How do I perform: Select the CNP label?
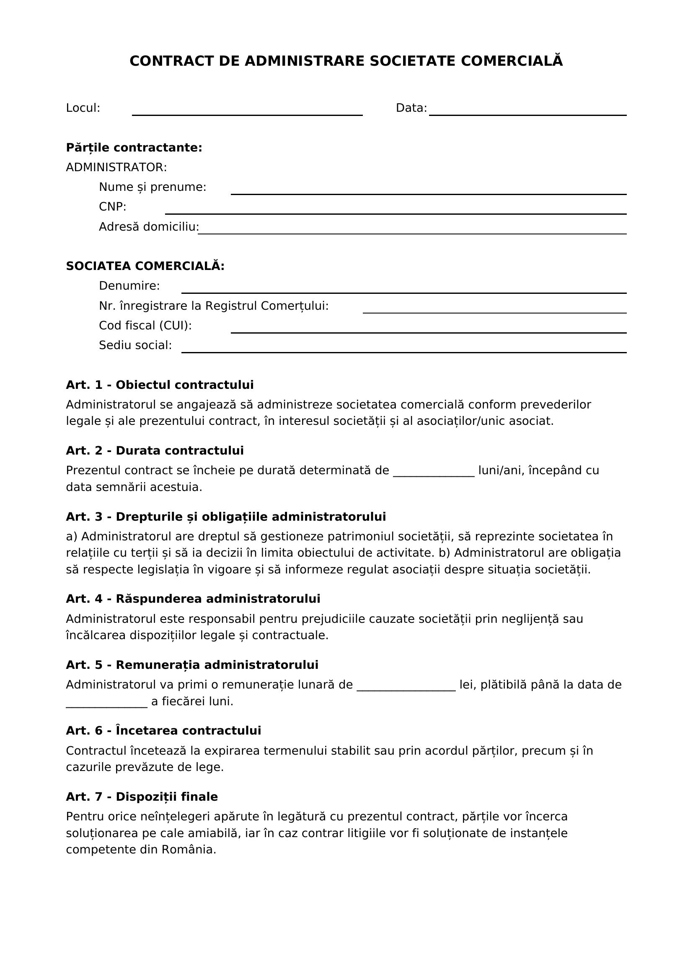(x=113, y=207)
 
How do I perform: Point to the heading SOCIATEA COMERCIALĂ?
(x=145, y=266)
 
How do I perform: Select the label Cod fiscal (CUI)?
(x=145, y=326)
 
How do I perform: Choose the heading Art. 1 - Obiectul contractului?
(x=160, y=385)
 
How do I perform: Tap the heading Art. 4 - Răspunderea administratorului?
(x=193, y=599)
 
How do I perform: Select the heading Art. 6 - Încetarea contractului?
(x=163, y=731)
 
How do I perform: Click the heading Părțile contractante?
(x=134, y=148)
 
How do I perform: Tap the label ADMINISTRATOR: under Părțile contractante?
(x=116, y=167)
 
